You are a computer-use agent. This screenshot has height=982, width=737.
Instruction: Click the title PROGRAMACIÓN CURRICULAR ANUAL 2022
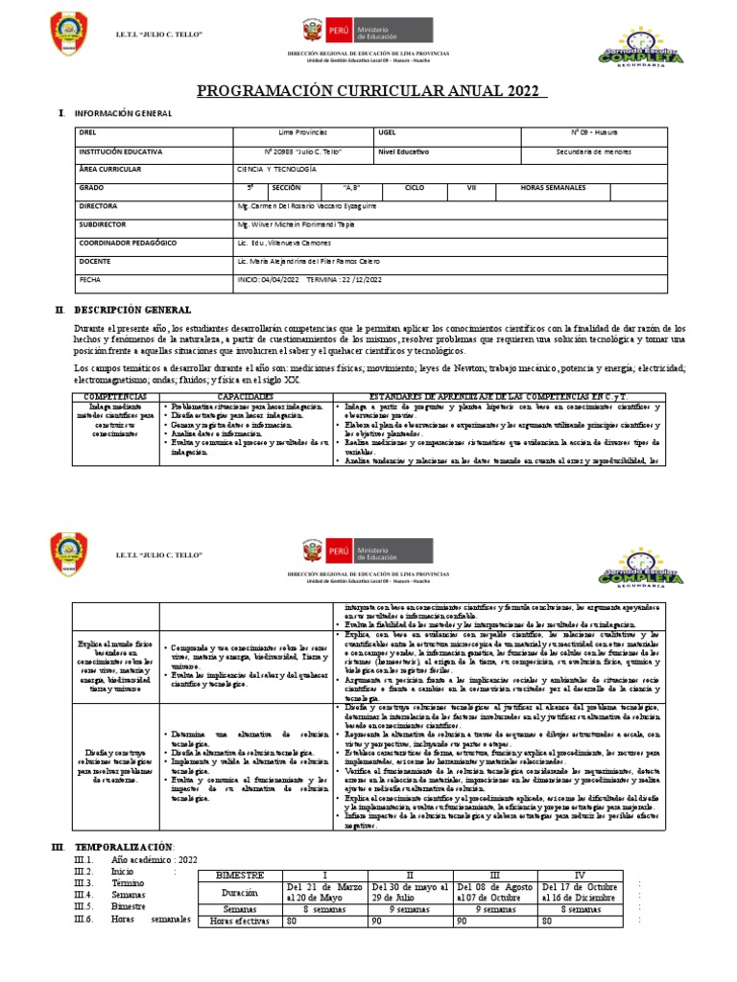point(371,91)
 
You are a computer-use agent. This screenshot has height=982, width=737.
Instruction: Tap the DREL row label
point(87,132)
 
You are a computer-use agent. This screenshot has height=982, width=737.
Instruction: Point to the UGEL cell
point(388,132)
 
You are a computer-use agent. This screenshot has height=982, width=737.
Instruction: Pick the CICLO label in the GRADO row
point(415,188)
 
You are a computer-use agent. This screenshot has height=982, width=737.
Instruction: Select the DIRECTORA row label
point(98,206)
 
